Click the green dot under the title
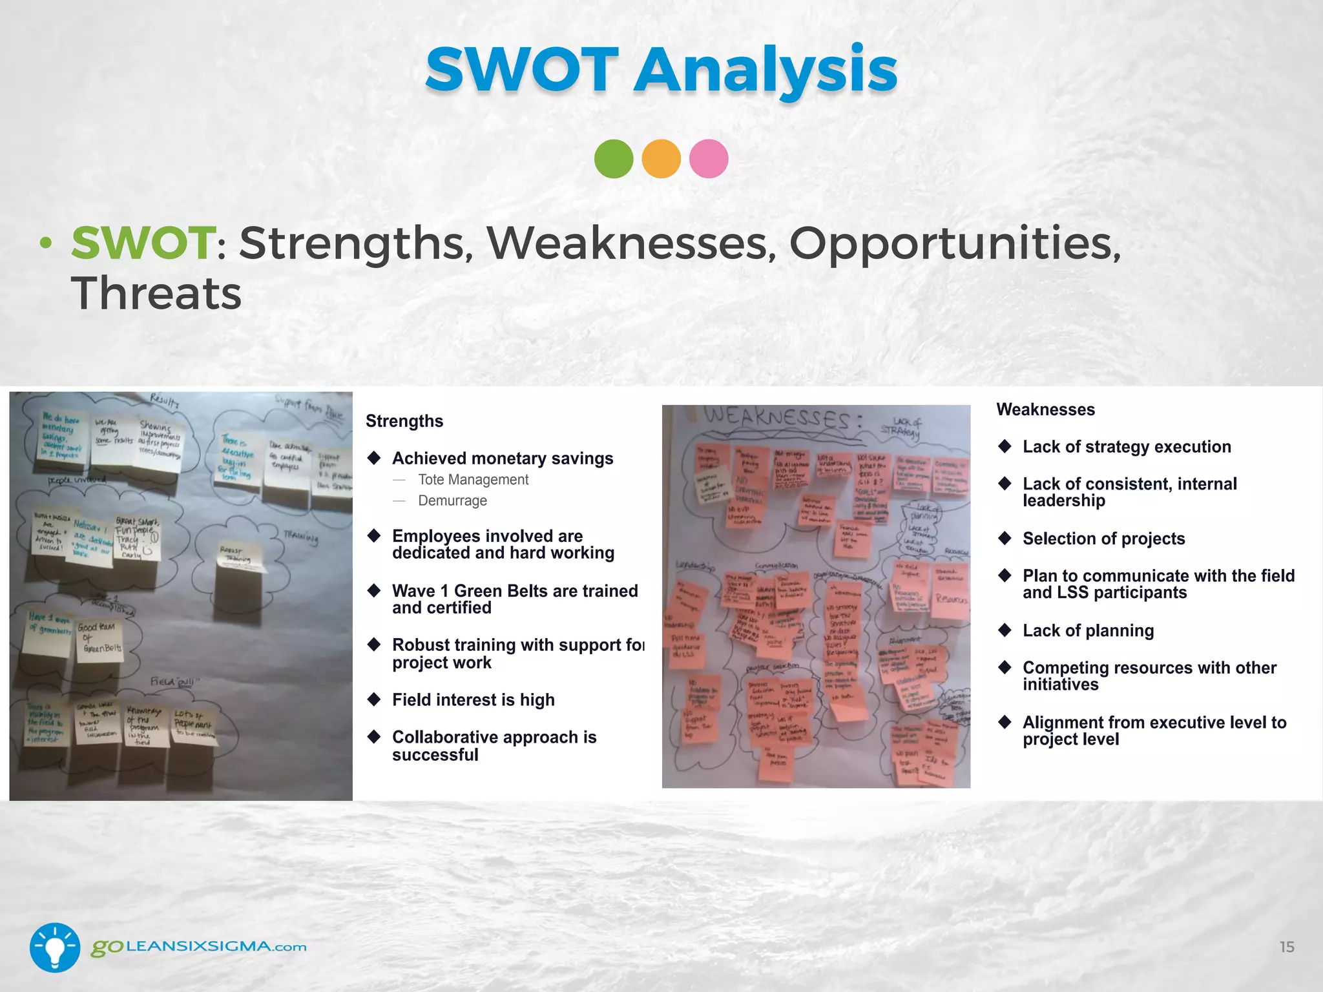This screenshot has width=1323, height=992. click(x=614, y=159)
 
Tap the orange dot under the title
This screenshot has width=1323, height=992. click(x=661, y=159)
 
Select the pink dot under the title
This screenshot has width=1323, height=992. click(x=709, y=159)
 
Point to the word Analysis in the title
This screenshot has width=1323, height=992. click(x=766, y=70)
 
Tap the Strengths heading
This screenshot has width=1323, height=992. click(x=404, y=421)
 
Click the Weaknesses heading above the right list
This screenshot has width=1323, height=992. click(x=1045, y=409)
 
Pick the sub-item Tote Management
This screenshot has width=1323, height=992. click(x=473, y=480)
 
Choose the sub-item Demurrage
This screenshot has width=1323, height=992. click(x=452, y=501)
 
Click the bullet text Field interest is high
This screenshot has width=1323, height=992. click(x=473, y=699)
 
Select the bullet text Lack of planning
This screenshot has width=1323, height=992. click(x=1088, y=630)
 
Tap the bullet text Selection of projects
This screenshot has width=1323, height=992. click(x=1103, y=539)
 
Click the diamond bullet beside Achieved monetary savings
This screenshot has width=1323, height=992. click(x=374, y=458)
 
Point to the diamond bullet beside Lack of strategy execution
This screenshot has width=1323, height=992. click(x=1005, y=446)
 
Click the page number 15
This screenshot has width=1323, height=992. click(x=1287, y=947)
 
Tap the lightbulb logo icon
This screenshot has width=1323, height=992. click(x=55, y=947)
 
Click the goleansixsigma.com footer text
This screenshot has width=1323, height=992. click(x=198, y=947)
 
